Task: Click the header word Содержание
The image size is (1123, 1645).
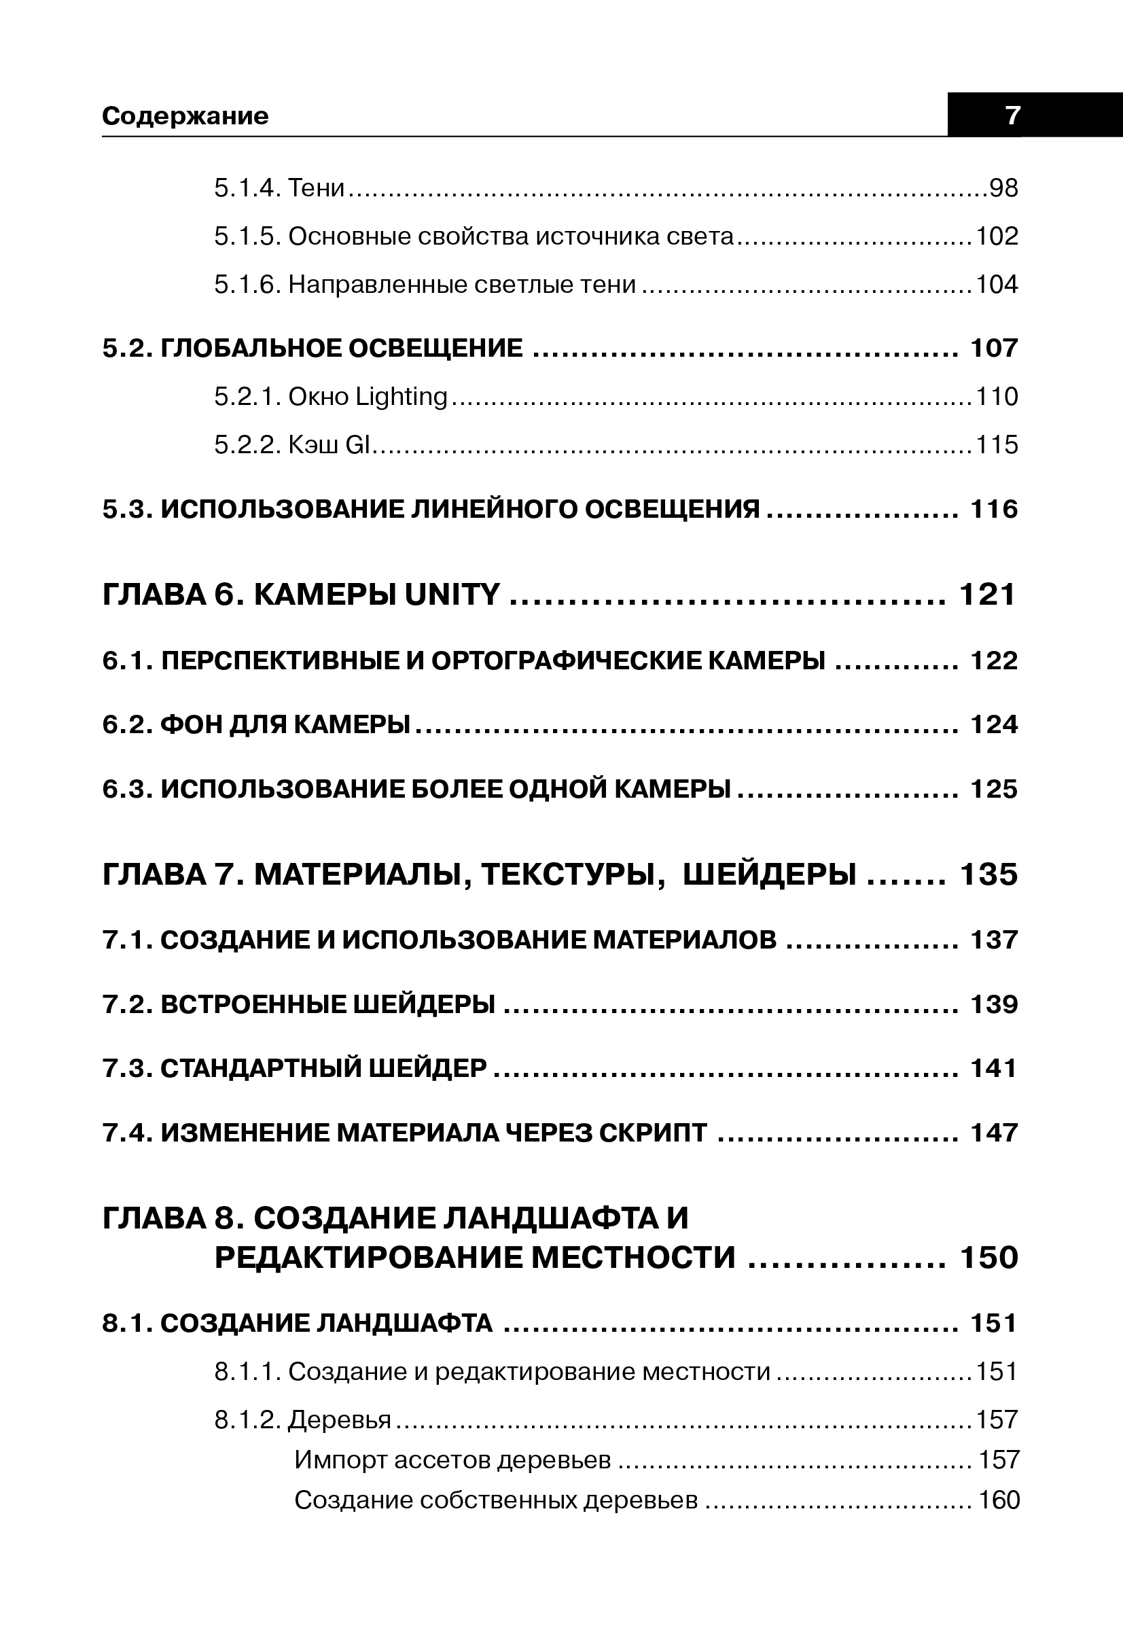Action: click(x=185, y=116)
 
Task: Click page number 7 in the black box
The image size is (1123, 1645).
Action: click(x=1013, y=115)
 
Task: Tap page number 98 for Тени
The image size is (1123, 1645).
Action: click(x=1003, y=188)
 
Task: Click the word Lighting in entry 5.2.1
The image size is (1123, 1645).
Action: click(x=402, y=397)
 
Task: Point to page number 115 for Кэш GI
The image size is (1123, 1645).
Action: click(x=997, y=444)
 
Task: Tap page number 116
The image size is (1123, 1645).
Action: click(x=994, y=509)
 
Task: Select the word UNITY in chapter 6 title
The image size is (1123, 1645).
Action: click(x=452, y=595)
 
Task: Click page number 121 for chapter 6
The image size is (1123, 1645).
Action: click(x=987, y=595)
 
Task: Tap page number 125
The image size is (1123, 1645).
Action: click(x=994, y=790)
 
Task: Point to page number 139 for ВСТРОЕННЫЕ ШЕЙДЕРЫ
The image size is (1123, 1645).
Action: click(x=994, y=1004)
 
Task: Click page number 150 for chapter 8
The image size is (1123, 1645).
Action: click(x=988, y=1258)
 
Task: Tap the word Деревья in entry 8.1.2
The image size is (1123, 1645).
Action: click(x=340, y=1420)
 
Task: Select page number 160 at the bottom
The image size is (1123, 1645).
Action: click(x=999, y=1500)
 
